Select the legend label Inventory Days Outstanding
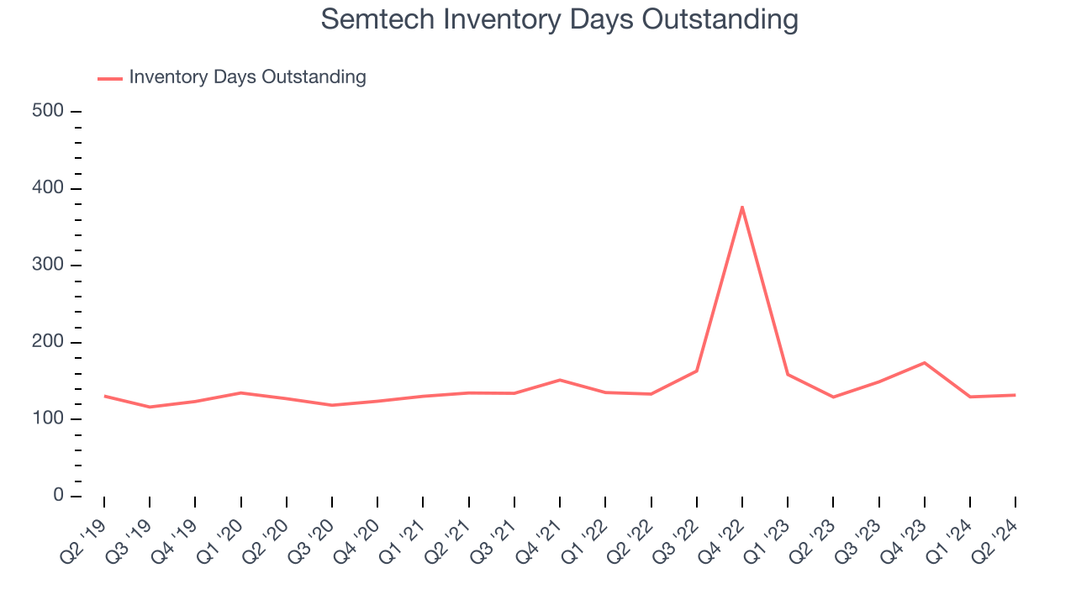(x=247, y=77)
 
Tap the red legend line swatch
(x=110, y=78)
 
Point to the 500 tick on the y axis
(x=49, y=111)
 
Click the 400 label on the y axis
(x=49, y=188)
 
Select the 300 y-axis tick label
(x=49, y=266)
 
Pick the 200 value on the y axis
(x=49, y=343)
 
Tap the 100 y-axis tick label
(x=49, y=419)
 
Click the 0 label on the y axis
(x=58, y=496)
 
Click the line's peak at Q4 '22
(x=742, y=206)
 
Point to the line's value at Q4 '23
(x=925, y=363)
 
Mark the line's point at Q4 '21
(x=560, y=380)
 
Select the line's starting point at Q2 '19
(x=104, y=396)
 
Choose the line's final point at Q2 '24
(x=1015, y=395)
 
